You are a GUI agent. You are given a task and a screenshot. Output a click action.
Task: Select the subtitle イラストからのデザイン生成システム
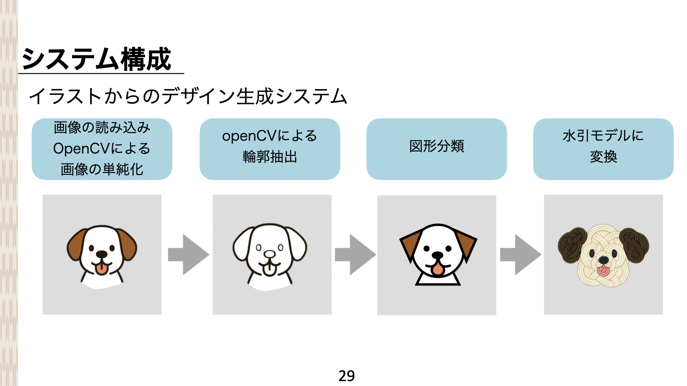(x=187, y=97)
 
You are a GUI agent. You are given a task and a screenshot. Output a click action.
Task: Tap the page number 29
(x=347, y=376)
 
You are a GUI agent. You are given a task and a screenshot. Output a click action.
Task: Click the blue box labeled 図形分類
(x=437, y=149)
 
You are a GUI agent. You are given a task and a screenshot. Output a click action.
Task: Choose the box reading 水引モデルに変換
(x=603, y=149)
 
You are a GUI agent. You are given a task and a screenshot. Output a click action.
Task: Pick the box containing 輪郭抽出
(x=270, y=149)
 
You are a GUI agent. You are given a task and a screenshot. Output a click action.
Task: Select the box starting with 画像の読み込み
(x=102, y=149)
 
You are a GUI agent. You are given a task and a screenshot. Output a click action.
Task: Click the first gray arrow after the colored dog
(x=188, y=254)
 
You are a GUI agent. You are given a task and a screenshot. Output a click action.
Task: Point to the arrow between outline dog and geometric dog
(x=355, y=254)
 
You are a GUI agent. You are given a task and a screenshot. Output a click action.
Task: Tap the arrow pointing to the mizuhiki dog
(x=520, y=254)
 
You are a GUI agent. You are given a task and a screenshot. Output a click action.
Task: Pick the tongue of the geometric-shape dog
(x=437, y=270)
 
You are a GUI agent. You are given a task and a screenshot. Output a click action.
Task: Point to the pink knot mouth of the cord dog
(x=603, y=272)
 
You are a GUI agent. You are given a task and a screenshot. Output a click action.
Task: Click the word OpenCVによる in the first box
(x=102, y=149)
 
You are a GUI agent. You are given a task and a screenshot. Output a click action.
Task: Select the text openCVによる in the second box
(x=270, y=136)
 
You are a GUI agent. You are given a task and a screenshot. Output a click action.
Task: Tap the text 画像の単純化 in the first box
(x=102, y=169)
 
